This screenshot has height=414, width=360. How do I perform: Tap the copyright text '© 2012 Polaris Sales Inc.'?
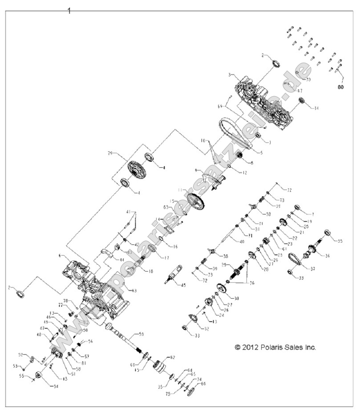(275, 348)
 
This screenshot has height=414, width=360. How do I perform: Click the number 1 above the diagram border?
(69, 11)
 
